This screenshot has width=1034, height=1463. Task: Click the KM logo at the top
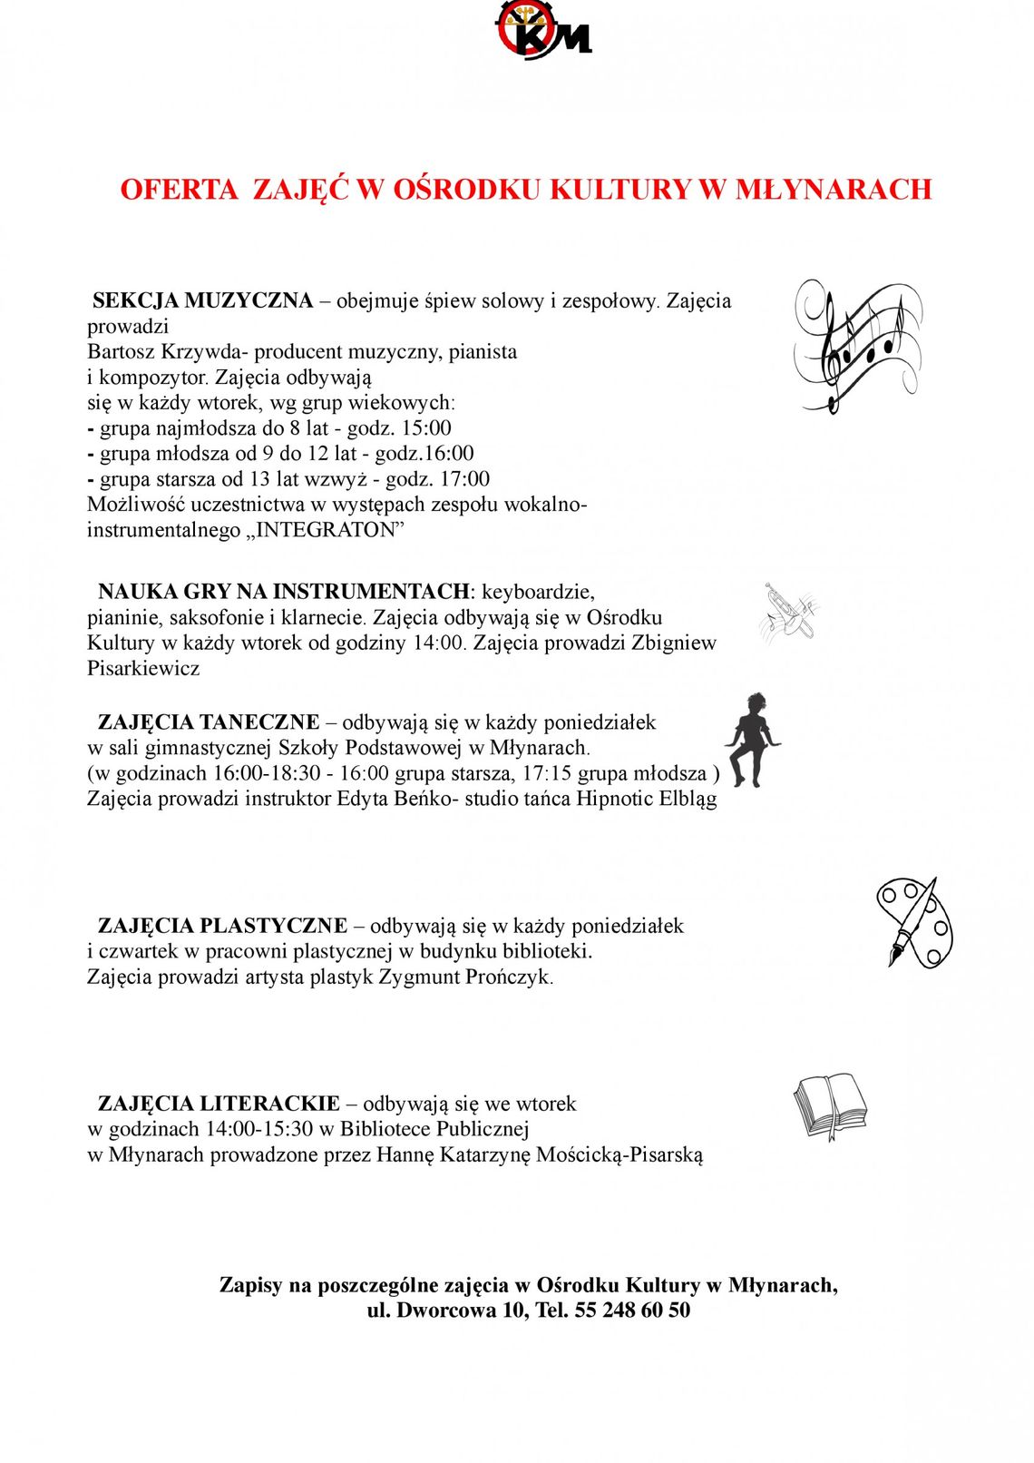[x=542, y=30]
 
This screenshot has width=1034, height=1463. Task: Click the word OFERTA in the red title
[x=179, y=189]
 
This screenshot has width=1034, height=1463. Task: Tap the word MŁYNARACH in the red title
[x=833, y=189]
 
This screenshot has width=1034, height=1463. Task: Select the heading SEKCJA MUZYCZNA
[x=203, y=300]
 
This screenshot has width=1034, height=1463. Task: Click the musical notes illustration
[x=856, y=346]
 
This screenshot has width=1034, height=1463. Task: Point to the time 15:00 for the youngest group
[x=426, y=428]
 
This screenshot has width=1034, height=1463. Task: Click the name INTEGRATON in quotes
[x=327, y=530]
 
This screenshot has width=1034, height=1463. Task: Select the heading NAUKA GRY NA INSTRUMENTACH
[x=284, y=592]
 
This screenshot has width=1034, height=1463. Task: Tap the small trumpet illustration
[x=788, y=614]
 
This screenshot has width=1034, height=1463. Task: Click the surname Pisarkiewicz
[x=143, y=669]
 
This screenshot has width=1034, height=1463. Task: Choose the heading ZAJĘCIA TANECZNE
[x=209, y=722]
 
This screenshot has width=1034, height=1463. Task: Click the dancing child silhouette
[x=753, y=740]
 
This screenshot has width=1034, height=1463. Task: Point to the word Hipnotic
[x=614, y=799]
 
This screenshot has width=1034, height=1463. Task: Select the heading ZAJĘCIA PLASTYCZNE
[x=222, y=926]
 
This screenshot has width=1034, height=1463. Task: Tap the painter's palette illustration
[x=914, y=922]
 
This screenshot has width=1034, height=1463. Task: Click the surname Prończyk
[x=508, y=977]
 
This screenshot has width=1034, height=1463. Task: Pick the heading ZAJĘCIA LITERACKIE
[x=219, y=1104]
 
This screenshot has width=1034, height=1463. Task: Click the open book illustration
[x=830, y=1105]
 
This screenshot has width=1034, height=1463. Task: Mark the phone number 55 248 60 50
[x=632, y=1311]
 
